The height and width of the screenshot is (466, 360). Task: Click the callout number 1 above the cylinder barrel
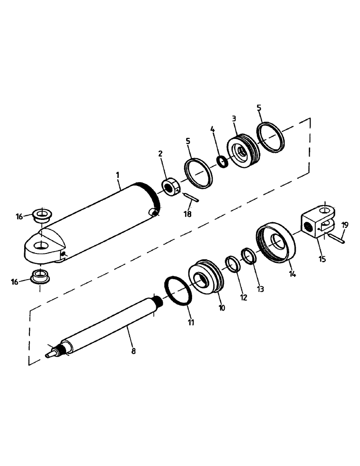[118, 175]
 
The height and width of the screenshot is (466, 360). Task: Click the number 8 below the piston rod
[133, 351]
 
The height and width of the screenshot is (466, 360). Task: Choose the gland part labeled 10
[207, 278]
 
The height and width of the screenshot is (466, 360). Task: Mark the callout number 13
[260, 289]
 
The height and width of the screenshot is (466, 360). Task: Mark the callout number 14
[292, 274]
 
